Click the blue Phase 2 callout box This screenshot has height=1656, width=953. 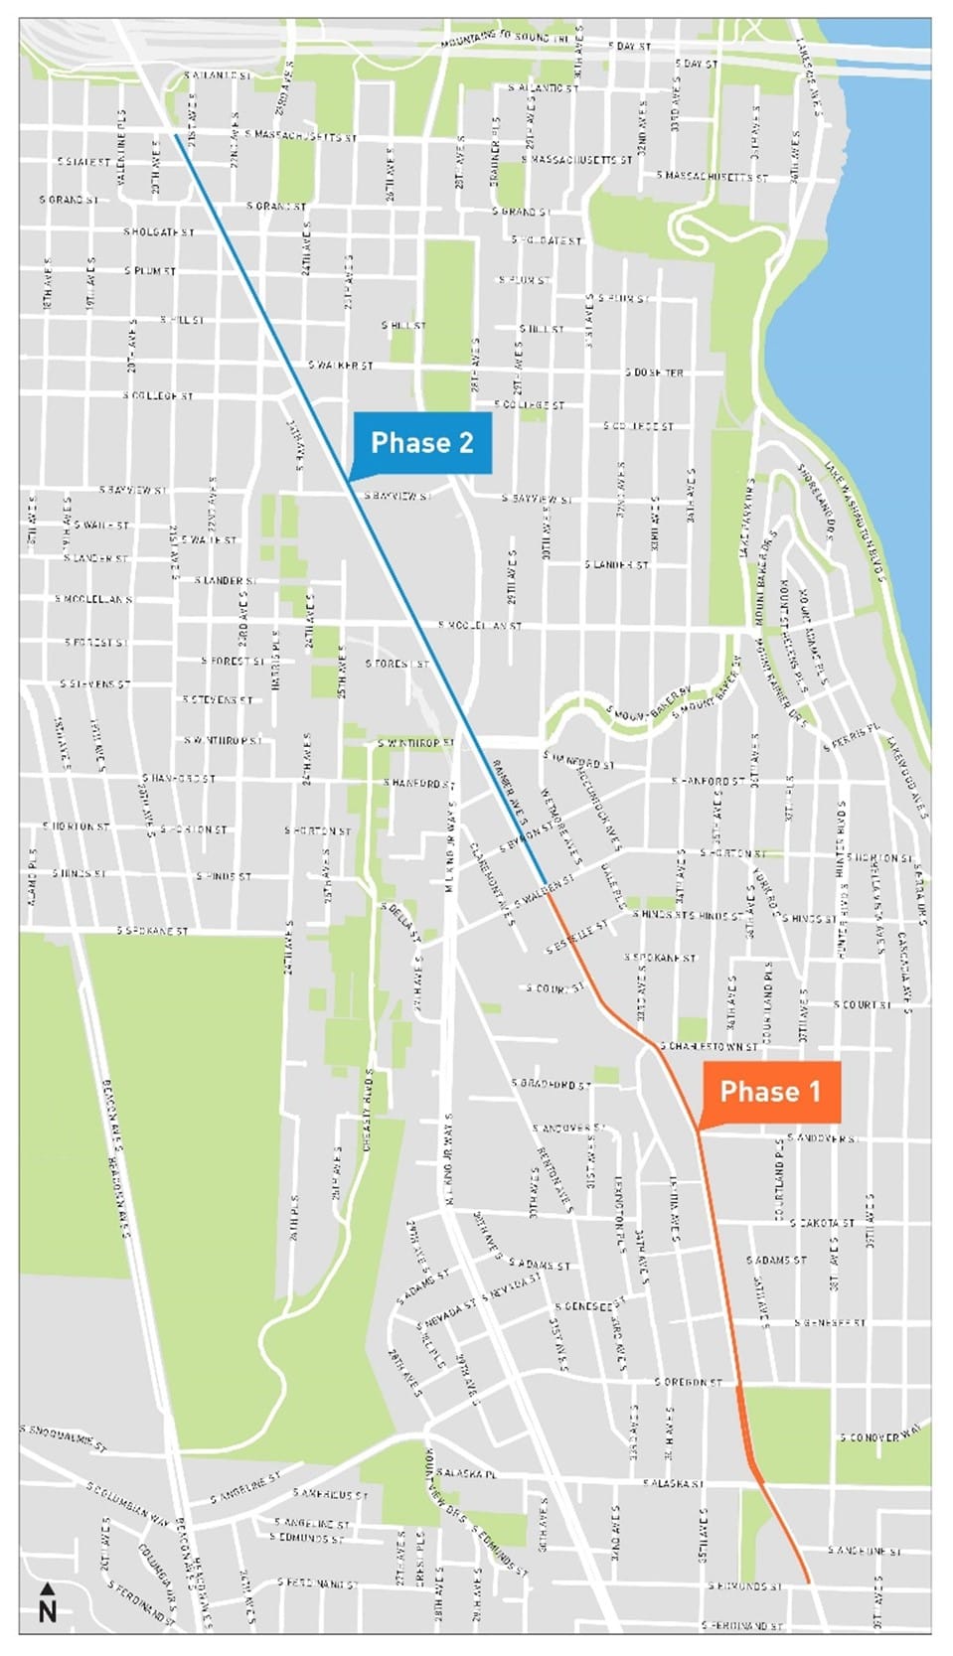click(x=421, y=443)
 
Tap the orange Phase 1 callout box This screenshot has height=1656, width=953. click(x=769, y=1092)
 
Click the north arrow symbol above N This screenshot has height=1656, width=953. click(x=47, y=1588)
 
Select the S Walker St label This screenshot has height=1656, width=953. click(x=341, y=366)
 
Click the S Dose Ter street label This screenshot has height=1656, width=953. click(x=654, y=373)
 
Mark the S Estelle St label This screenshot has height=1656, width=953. click(x=576, y=938)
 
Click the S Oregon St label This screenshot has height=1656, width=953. click(x=688, y=1382)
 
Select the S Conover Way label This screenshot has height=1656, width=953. click(x=880, y=1435)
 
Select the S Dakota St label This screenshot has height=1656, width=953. click(x=826, y=1223)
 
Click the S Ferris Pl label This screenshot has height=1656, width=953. click(x=852, y=737)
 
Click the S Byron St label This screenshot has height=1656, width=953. click(x=526, y=835)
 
